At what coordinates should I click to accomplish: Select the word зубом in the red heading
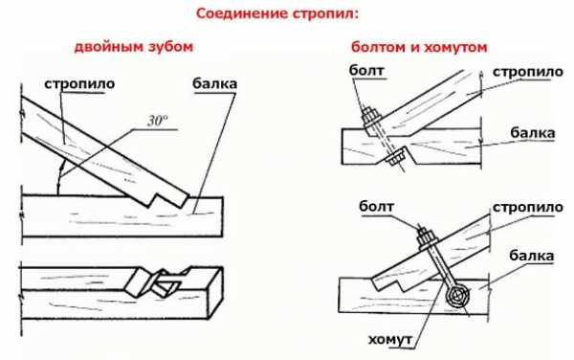click(x=170, y=47)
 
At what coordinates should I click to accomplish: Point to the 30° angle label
click(x=158, y=120)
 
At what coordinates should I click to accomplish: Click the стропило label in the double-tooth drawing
click(x=79, y=84)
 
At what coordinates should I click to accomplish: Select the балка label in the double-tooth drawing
click(x=215, y=84)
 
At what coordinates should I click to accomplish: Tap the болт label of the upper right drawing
click(x=366, y=70)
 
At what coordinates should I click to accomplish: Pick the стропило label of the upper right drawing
click(x=527, y=72)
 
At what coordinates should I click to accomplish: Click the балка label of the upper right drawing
click(x=533, y=133)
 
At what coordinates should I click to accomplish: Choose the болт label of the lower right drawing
click(x=376, y=206)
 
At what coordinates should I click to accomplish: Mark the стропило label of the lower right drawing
click(x=527, y=208)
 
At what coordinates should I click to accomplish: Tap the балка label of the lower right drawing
click(x=531, y=256)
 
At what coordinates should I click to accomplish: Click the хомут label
click(x=390, y=340)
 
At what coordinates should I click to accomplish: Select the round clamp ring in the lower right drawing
click(x=457, y=295)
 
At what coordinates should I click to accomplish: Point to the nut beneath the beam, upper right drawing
click(x=395, y=157)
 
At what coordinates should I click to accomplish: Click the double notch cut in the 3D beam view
click(x=156, y=282)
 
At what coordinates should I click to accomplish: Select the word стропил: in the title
click(x=326, y=14)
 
